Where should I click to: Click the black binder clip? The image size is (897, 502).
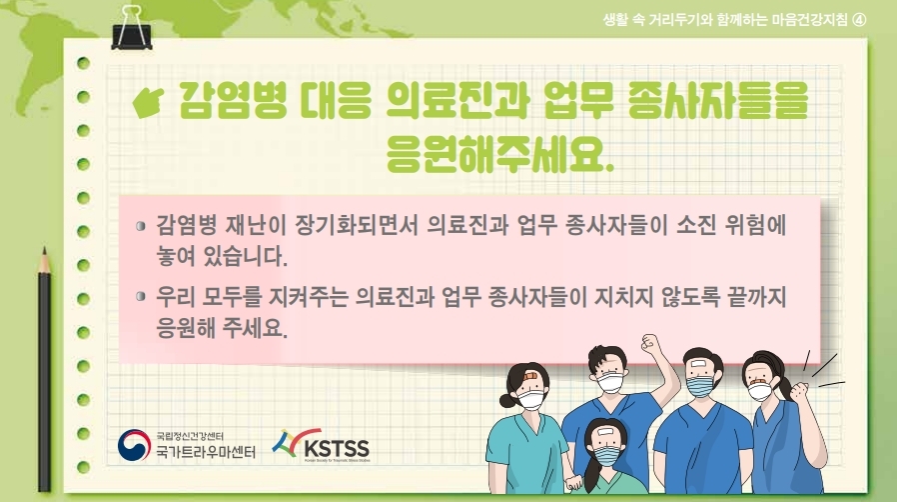point(132,29)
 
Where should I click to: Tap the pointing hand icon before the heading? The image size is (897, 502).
point(148,101)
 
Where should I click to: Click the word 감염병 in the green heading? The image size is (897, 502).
point(233,100)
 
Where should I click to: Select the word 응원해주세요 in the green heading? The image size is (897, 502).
point(499,154)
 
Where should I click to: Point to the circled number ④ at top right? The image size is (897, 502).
point(859,20)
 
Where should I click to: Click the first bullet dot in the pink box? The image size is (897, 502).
point(141,226)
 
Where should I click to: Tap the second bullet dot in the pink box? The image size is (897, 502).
point(141,297)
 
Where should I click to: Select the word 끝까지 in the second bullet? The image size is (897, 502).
point(756,297)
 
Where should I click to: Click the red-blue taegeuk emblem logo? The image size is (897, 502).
point(134,445)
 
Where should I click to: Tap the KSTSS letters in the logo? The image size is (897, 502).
point(337,447)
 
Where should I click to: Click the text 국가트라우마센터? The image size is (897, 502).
point(206,452)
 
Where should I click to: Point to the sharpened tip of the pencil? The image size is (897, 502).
point(44,250)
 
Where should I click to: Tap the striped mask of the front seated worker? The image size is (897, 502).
point(605,455)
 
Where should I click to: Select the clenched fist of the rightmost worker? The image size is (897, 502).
point(798,392)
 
